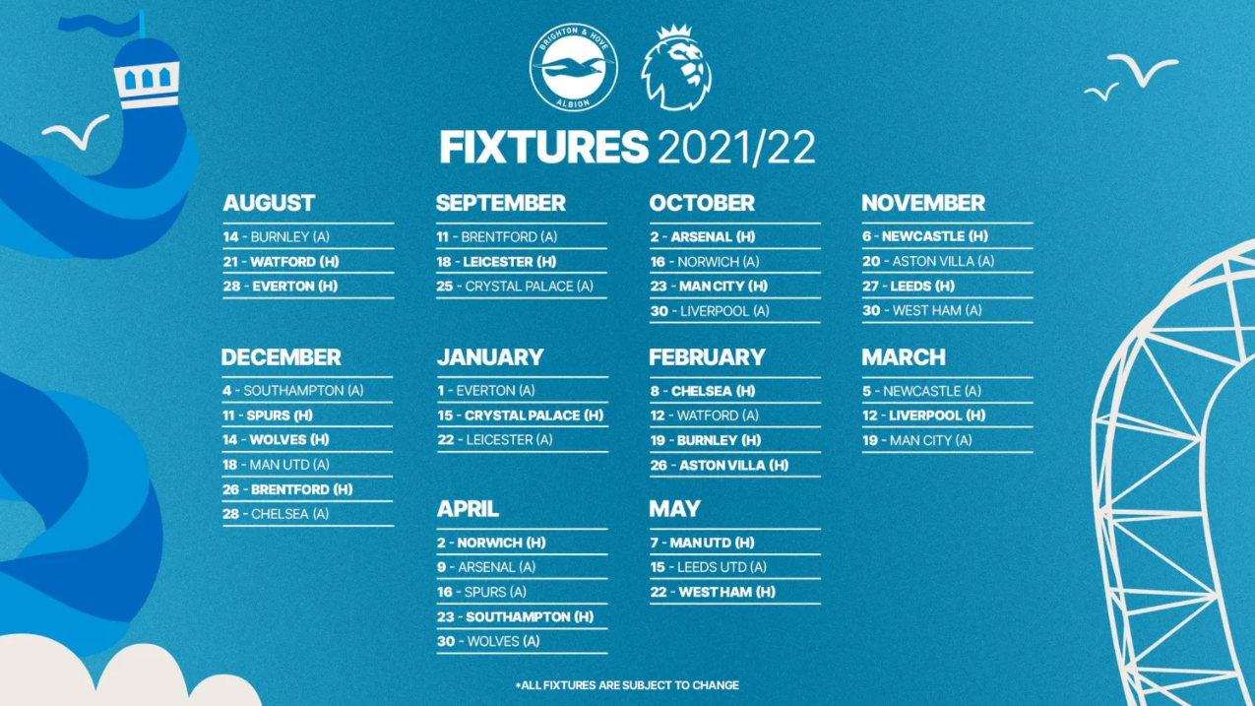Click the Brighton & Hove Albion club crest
pos(573,67)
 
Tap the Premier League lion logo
pos(676,67)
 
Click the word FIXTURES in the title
pos(544,148)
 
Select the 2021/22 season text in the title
pos(736,148)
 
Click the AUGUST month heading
pos(269,203)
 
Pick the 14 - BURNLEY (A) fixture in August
pos(277,237)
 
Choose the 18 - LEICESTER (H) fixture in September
pos(496,262)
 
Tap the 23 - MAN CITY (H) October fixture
pos(709,287)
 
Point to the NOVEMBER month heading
pos(923,203)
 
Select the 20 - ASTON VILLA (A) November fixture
pos(928,262)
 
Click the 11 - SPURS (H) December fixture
pos(268,416)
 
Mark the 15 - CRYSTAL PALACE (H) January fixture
pos(521,416)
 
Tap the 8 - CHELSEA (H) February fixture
pos(703,391)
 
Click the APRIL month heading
pos(468,509)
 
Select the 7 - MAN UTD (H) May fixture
pos(702,543)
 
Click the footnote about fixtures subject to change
pos(628,685)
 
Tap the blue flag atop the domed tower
pos(100,25)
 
